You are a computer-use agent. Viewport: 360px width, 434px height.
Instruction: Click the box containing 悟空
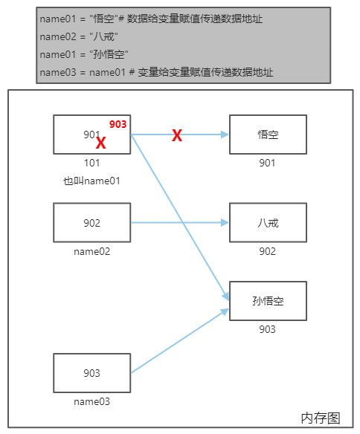[268, 135]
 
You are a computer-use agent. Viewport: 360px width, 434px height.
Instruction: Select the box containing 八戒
[268, 223]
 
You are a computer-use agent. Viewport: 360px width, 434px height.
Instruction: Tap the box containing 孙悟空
[268, 301]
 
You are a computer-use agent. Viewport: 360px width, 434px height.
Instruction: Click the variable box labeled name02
[91, 223]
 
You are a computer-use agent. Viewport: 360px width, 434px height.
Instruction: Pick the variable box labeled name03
[91, 373]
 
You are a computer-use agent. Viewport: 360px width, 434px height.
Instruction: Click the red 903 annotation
[118, 124]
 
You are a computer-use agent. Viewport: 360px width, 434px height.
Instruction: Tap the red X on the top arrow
[177, 135]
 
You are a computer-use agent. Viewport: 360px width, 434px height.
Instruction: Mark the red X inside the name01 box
[101, 144]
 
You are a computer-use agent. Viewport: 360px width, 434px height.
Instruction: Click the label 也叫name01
[91, 181]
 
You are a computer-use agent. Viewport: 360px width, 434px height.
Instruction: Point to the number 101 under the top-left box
[91, 163]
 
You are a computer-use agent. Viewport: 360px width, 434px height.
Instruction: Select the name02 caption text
[91, 251]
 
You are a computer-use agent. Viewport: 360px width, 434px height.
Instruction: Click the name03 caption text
[91, 401]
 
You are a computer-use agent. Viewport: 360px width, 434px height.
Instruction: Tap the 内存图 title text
[320, 418]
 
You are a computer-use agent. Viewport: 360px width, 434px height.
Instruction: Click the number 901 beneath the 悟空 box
[267, 163]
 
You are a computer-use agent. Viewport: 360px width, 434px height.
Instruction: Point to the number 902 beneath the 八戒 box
[267, 251]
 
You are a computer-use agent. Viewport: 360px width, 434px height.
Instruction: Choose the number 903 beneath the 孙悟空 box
[267, 329]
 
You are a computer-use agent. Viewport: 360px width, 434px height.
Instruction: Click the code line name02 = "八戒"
[79, 36]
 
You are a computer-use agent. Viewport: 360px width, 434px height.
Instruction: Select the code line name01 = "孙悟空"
[84, 54]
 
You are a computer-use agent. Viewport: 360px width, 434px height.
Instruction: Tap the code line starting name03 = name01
[156, 72]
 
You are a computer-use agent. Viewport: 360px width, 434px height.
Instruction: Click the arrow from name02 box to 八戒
[179, 222]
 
